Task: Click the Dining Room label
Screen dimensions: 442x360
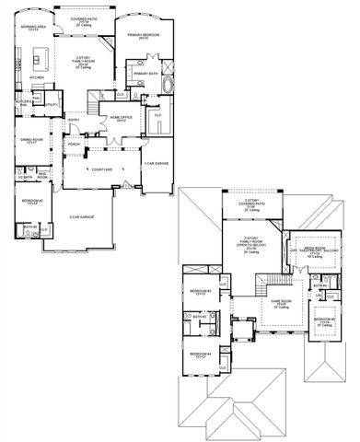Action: pyautogui.click(x=33, y=141)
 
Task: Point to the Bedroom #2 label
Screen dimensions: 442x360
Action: pyautogui.click(x=33, y=199)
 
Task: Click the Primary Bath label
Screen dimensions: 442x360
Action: pyautogui.click(x=145, y=74)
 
